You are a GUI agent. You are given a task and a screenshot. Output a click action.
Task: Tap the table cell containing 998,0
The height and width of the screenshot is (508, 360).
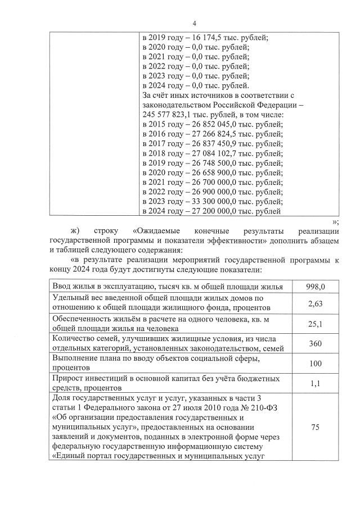coord(315,287)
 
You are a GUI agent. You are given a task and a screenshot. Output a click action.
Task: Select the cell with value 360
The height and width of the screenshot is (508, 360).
coord(315,343)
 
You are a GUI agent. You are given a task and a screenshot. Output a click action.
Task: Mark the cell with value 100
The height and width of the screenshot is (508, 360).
coord(315,363)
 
